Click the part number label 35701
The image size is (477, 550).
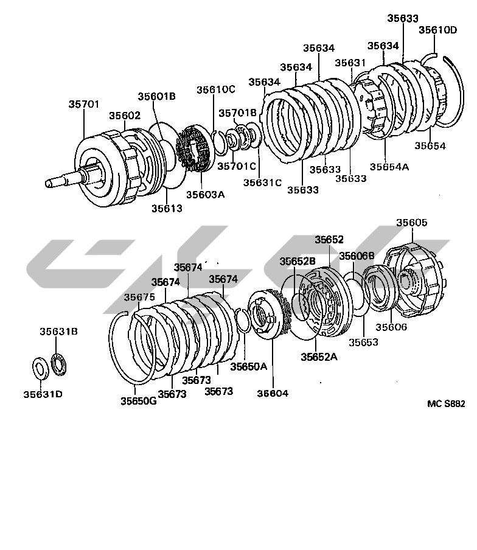pos(84,104)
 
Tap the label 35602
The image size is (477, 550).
pos(125,116)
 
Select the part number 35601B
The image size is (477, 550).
pos(156,96)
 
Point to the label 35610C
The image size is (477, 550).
pos(216,89)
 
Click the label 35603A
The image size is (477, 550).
pos(205,194)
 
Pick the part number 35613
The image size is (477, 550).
pos(167,208)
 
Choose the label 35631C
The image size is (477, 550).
pos(262,183)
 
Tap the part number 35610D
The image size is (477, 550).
pos(437,30)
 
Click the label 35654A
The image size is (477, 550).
pos(389,167)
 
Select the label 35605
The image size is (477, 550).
pos(412,223)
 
